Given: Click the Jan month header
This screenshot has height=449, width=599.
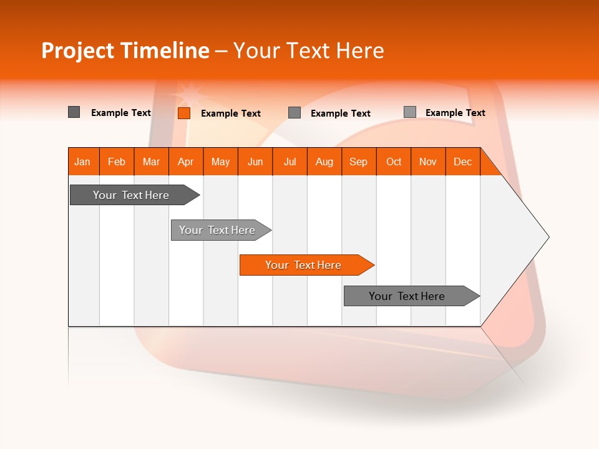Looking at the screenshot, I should coord(83,162).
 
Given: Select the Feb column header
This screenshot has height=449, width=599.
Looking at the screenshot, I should coord(117,162).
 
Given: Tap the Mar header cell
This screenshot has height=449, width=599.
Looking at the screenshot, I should coord(151,162).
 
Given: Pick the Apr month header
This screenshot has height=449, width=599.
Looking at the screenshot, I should coord(186,162).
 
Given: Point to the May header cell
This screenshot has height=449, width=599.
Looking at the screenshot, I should coord(220,162).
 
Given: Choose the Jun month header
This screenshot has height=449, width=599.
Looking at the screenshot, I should coord(255,162).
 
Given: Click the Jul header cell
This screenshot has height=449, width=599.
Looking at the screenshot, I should coord(290,162).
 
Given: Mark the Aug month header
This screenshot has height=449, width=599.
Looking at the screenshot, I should coord(324,162).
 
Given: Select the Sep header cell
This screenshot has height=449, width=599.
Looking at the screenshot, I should coord(359,162).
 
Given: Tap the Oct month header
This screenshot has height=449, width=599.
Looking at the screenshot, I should coord(394,162).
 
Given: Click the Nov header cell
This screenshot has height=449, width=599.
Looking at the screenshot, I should coord(428,162).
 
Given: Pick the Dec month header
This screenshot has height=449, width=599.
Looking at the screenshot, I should coord(463,162).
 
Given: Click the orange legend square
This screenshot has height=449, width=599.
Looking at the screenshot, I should coord(184,113).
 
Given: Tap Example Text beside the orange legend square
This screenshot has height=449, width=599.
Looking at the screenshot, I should coord(231,113).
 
